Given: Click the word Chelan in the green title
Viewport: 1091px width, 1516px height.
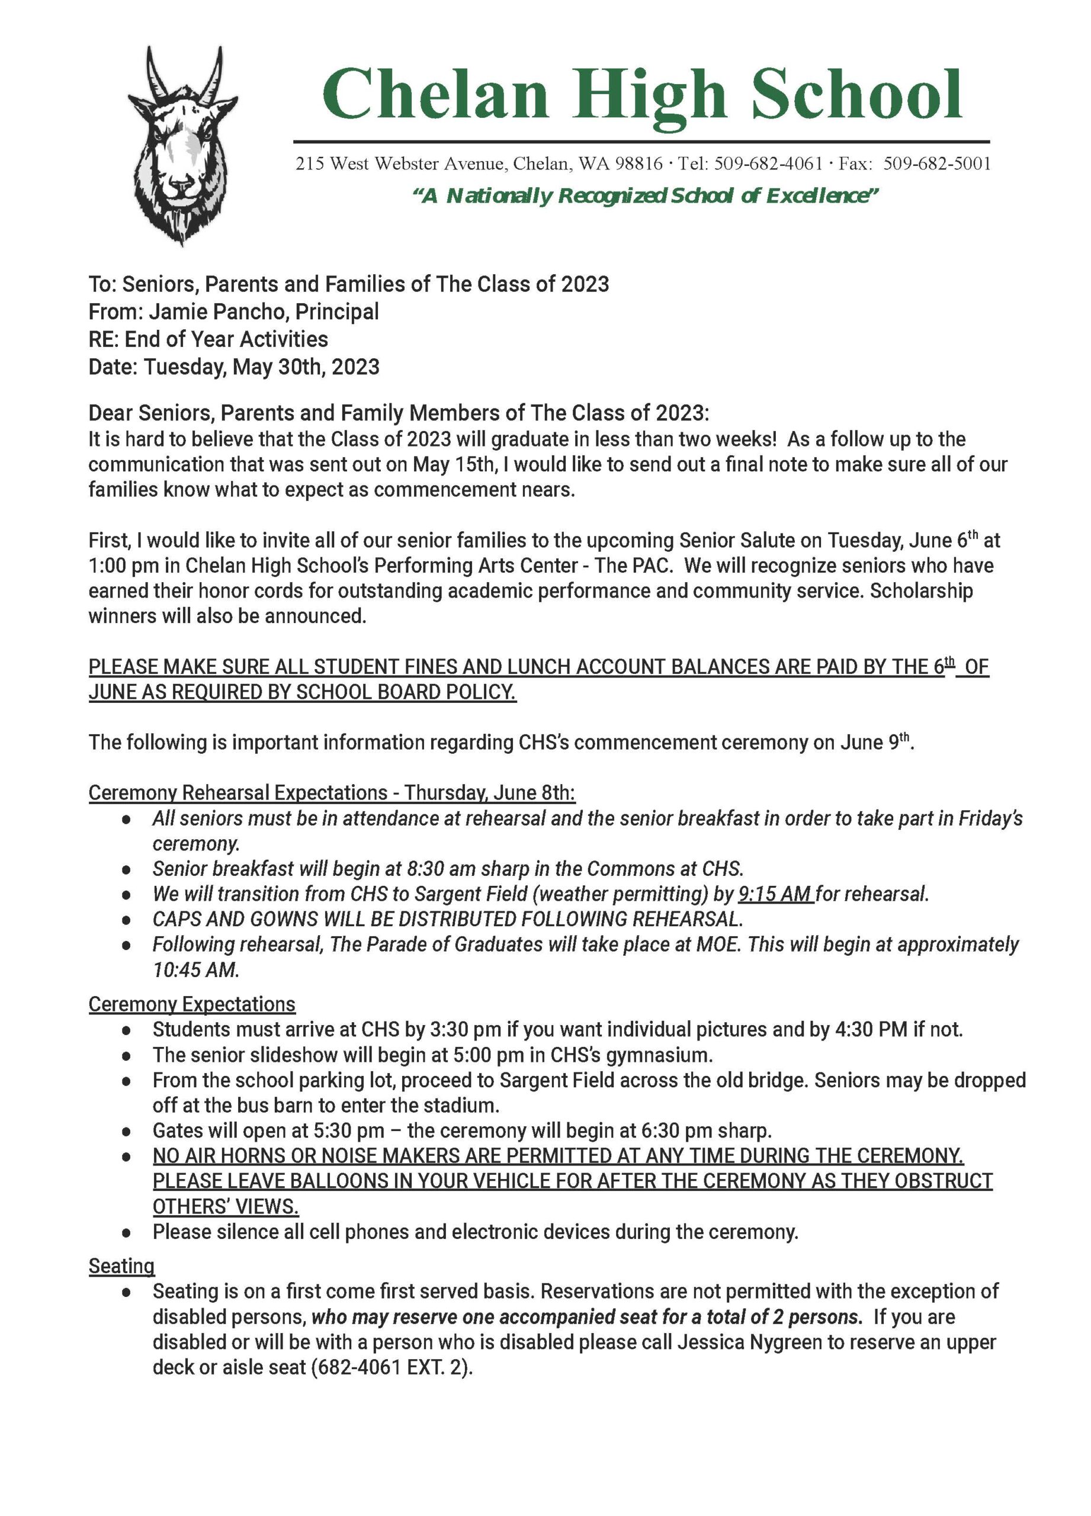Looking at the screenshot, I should pyautogui.click(x=435, y=95).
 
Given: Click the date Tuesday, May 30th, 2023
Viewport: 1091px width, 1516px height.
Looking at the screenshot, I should pyautogui.click(x=261, y=367).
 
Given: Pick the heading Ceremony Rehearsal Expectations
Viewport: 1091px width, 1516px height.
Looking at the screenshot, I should pyautogui.click(x=238, y=793).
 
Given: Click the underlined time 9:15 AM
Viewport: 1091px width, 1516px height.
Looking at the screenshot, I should pyautogui.click(x=775, y=894).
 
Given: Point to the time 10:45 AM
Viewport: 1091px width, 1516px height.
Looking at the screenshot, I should pyautogui.click(x=195, y=970).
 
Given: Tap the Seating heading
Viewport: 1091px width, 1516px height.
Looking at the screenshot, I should pyautogui.click(x=121, y=1266).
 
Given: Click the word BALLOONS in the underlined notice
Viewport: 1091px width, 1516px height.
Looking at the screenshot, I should pyautogui.click(x=338, y=1181).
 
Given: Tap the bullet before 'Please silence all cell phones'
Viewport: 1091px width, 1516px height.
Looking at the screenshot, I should pyautogui.click(x=126, y=1232).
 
